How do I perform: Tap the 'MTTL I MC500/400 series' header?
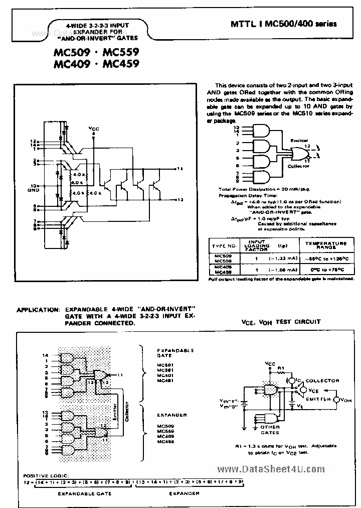283,24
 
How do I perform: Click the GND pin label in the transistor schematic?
33,190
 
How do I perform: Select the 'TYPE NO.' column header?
224,246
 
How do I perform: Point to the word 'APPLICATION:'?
38,310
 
